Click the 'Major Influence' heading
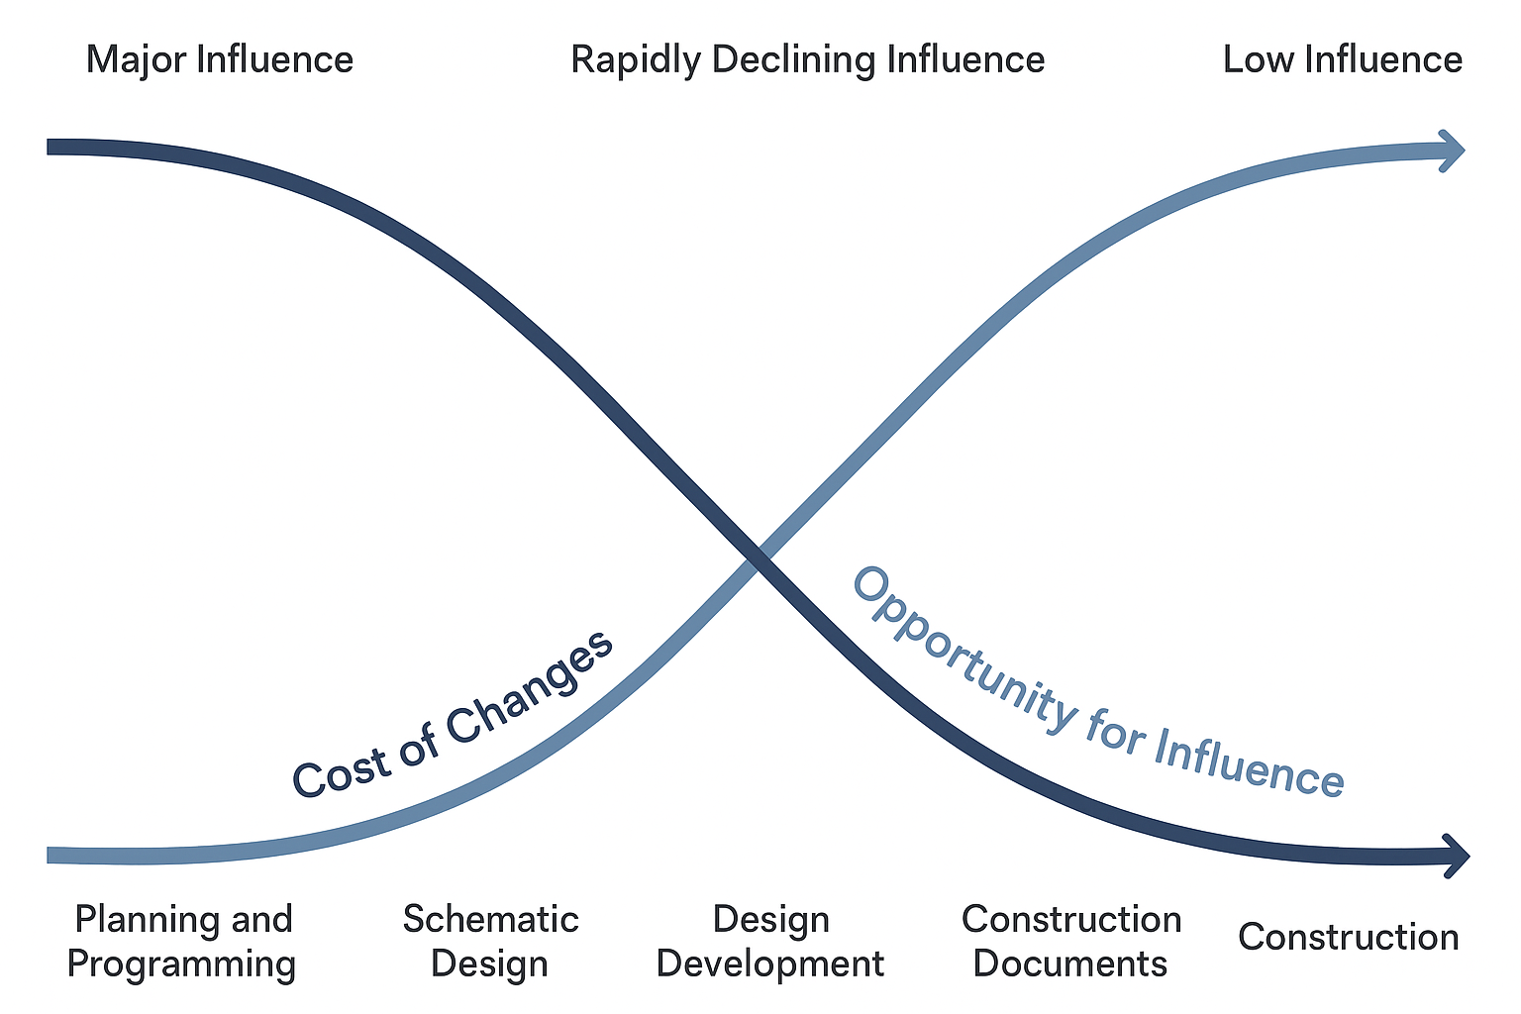pos(219,59)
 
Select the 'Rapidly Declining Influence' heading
pos(807,59)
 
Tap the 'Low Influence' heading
pos(1342,59)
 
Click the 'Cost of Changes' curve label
pos(454,715)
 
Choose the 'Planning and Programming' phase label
pos(182,941)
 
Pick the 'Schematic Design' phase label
pos(490,941)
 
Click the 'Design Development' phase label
pos(770,941)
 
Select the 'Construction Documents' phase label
pos(1070,941)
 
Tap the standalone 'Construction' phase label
pos(1348,937)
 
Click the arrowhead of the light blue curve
pos(1454,152)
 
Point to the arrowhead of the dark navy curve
pos(1458,855)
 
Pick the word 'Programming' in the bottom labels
pos(181,963)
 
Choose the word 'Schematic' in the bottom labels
pos(490,919)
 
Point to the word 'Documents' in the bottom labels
pos(1070,963)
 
